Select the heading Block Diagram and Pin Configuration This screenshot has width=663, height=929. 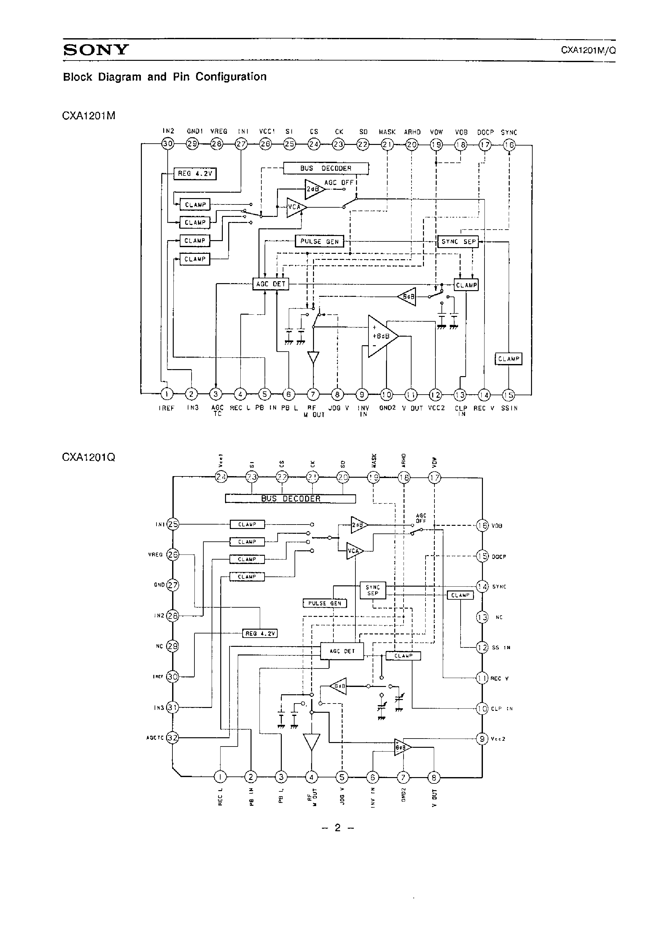click(164, 77)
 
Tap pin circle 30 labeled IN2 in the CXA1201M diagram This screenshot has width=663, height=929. click(168, 144)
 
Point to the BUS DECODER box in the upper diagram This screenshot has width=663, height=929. click(326, 168)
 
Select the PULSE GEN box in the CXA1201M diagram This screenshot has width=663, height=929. click(319, 241)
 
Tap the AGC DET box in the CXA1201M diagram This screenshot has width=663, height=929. click(271, 284)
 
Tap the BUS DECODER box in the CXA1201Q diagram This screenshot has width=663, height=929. click(290, 498)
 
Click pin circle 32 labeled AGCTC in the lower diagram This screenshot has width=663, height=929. click(173, 737)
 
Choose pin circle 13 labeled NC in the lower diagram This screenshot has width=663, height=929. click(482, 617)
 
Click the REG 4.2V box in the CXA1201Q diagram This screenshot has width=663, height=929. click(260, 633)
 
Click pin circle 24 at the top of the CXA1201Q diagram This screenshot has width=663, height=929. click(221, 477)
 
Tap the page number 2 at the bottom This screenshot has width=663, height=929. click(338, 827)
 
